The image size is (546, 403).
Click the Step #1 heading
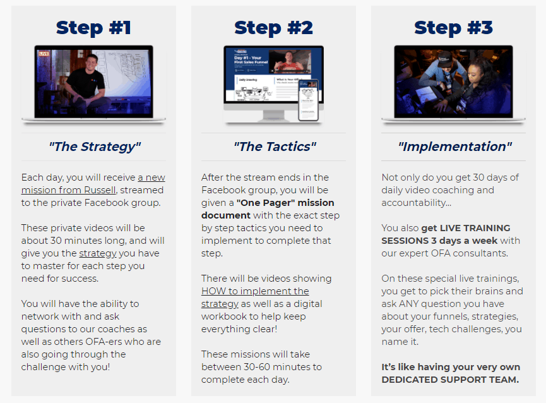click(x=93, y=28)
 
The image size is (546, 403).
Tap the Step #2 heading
click(x=273, y=28)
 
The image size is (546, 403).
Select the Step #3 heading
click(x=453, y=28)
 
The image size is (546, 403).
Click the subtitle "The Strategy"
click(x=95, y=147)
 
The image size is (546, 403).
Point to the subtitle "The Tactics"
click(x=275, y=147)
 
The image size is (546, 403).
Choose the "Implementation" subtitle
click(x=454, y=147)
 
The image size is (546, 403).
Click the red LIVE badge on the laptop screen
click(x=44, y=53)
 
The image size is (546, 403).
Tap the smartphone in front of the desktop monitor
click(x=309, y=100)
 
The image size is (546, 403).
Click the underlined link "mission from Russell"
click(x=68, y=190)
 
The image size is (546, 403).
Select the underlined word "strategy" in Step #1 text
click(x=98, y=253)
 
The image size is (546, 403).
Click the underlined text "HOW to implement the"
click(x=255, y=291)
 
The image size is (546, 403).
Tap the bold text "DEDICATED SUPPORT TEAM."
click(x=450, y=380)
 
